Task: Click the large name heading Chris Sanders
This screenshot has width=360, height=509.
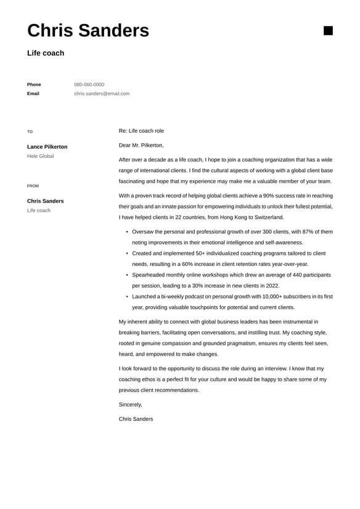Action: pos(88,30)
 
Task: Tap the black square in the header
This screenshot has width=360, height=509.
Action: pos(328,31)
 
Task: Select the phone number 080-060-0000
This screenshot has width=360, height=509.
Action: pos(89,85)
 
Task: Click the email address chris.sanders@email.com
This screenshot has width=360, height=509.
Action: pos(102,94)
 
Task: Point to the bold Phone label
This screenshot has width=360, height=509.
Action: pos(34,85)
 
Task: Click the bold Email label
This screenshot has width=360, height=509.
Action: pos(33,94)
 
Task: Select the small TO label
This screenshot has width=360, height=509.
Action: pos(30,131)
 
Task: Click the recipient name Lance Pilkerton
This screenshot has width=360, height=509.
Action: pos(47,147)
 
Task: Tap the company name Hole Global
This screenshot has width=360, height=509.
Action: pos(41,156)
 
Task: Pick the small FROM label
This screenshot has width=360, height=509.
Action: pos(33,186)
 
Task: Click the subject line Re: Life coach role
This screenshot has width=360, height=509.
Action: pos(141,131)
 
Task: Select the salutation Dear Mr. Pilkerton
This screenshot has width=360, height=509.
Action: pos(141,145)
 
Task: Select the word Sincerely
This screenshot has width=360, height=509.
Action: pos(130,405)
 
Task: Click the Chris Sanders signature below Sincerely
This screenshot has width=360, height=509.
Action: pos(136,419)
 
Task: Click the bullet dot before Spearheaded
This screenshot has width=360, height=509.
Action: pos(127,275)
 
